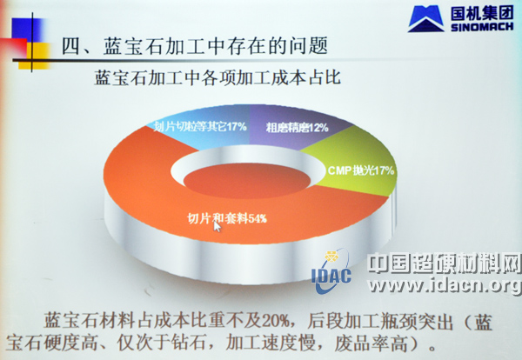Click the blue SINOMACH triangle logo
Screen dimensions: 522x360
click(x=426, y=18)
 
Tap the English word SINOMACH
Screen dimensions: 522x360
click(x=482, y=27)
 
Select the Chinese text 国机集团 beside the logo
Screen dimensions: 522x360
click(x=482, y=13)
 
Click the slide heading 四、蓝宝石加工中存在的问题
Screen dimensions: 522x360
click(x=195, y=46)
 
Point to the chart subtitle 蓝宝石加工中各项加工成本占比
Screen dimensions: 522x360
click(x=217, y=78)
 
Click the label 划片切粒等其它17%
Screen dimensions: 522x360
click(x=200, y=127)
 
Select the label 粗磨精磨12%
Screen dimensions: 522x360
click(x=297, y=128)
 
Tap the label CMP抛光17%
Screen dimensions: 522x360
click(x=361, y=170)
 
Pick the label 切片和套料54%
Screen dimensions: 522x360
click(x=227, y=218)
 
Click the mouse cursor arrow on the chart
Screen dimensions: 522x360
click(x=217, y=227)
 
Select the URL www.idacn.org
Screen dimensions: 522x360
click(x=445, y=286)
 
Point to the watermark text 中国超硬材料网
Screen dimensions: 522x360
click(x=445, y=263)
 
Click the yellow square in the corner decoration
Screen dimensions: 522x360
click(x=37, y=56)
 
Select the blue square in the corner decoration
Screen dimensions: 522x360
click(x=27, y=30)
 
